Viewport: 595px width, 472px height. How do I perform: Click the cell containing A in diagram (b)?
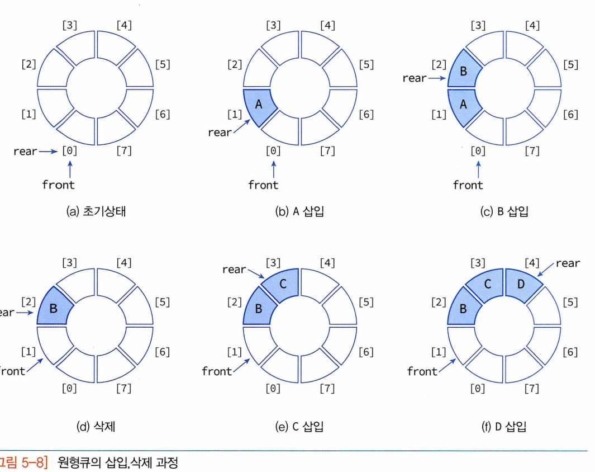pos(258,105)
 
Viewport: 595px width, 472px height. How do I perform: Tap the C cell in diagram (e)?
pos(283,284)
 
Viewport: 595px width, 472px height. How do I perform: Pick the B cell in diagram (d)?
pos(54,308)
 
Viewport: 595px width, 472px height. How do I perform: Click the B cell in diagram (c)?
pos(463,72)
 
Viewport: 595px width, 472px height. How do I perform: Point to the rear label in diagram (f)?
pos(568,263)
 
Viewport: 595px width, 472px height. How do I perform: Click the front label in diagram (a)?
pos(58,185)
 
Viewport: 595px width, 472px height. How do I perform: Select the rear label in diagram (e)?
pos(234,270)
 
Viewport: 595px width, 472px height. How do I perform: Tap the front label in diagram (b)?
pos(263,185)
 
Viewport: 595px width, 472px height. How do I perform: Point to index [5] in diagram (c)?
pos(570,64)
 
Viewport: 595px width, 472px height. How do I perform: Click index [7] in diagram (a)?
pos(123,151)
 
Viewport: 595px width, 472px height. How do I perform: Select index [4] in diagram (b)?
pos(327,25)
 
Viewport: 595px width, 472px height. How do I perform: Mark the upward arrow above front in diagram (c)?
pos(478,168)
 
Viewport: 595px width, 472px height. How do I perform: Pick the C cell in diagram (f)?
pos(488,284)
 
